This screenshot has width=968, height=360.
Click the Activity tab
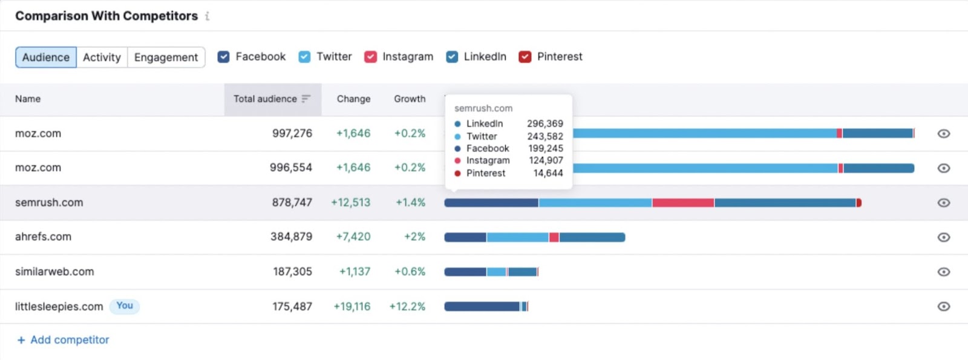pos(102,57)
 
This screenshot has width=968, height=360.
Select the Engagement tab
pos(166,57)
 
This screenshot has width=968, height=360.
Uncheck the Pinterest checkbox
pos(525,57)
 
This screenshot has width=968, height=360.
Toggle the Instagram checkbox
pos(370,57)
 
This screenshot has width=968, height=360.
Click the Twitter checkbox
pos(304,57)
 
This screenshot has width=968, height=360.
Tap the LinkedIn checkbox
pos(452,57)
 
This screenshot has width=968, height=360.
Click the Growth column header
pos(410,99)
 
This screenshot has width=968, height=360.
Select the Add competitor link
pos(64,340)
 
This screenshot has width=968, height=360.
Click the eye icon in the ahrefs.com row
pos(943,237)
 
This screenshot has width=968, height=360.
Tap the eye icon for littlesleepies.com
pos(943,307)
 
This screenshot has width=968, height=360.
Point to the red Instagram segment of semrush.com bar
pos(682,203)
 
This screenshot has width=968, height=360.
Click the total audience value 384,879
pos(291,237)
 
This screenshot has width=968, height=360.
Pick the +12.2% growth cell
pos(407,307)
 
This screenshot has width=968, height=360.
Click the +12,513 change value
pos(350,203)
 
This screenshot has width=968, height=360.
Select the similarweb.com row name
pos(54,272)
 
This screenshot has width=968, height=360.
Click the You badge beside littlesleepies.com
pos(125,306)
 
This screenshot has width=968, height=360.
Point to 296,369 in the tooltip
pos(544,123)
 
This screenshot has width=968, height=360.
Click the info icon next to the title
pos(207,16)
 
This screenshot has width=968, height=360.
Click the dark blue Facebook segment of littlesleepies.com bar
pos(482,307)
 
